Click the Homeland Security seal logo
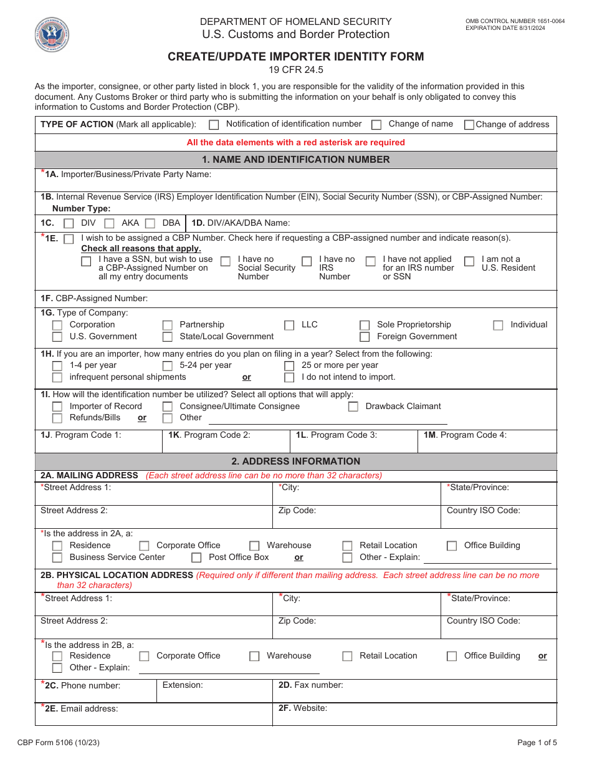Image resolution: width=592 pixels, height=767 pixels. coord(52,34)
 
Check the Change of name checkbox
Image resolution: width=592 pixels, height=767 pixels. coord(376,125)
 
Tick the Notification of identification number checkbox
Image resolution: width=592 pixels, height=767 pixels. coord(214,125)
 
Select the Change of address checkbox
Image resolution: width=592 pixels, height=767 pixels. coord(469,125)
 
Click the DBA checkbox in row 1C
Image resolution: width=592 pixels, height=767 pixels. coord(150,223)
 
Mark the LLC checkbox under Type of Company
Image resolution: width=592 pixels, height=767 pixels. coord(289,326)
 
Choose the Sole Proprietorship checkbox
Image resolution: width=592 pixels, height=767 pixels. coord(365,326)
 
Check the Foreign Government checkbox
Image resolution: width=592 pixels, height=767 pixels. coord(365,337)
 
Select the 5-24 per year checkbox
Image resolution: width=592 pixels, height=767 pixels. coord(168,366)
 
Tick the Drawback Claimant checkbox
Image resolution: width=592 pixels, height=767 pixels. coord(353,407)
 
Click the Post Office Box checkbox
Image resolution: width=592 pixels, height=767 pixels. coord(196,558)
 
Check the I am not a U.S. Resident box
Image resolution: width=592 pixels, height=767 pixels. coord(469,261)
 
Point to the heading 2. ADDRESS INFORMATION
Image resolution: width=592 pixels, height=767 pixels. coord(295,461)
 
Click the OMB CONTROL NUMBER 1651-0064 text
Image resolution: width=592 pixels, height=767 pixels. coord(515,21)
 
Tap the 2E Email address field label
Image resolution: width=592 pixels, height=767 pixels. coord(81,708)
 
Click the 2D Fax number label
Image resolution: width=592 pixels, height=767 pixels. coord(310,685)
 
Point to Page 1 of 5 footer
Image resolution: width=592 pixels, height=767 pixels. coord(537,743)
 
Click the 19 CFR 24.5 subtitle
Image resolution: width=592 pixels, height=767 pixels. coord(295,70)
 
